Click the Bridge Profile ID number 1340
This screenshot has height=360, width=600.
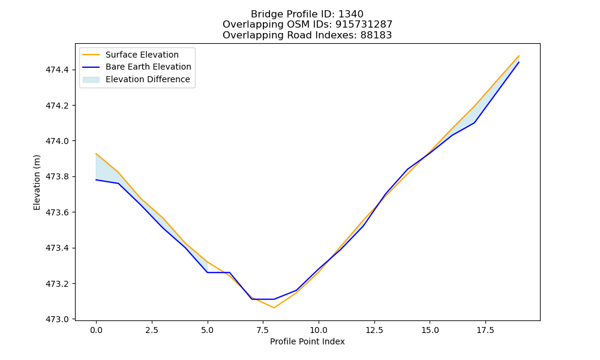(x=351, y=14)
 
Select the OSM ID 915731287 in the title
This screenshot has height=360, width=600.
(x=364, y=25)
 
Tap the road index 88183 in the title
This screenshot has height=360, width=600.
(x=376, y=35)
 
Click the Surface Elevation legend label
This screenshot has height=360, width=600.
(x=142, y=55)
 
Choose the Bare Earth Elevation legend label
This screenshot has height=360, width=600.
(x=148, y=67)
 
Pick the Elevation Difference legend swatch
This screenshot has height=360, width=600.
(x=91, y=80)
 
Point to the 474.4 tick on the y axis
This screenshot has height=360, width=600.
(x=57, y=70)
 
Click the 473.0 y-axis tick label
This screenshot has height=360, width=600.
(x=57, y=319)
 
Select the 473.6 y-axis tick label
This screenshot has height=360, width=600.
(x=57, y=212)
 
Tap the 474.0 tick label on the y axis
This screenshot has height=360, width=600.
(x=57, y=141)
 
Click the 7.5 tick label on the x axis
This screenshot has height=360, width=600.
(x=263, y=330)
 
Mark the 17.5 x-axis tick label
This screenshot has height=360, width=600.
(x=485, y=330)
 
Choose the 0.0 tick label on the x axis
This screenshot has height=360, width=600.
(x=96, y=330)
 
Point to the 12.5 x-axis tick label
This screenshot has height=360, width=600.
(x=374, y=330)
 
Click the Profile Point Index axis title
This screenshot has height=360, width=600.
(x=307, y=341)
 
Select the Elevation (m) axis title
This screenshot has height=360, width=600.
(x=37, y=182)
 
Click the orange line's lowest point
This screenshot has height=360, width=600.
(x=274, y=308)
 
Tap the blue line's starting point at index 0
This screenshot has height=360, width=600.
(x=96, y=180)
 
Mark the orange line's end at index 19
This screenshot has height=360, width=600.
(x=519, y=55)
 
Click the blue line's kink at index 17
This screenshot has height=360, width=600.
(x=475, y=123)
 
